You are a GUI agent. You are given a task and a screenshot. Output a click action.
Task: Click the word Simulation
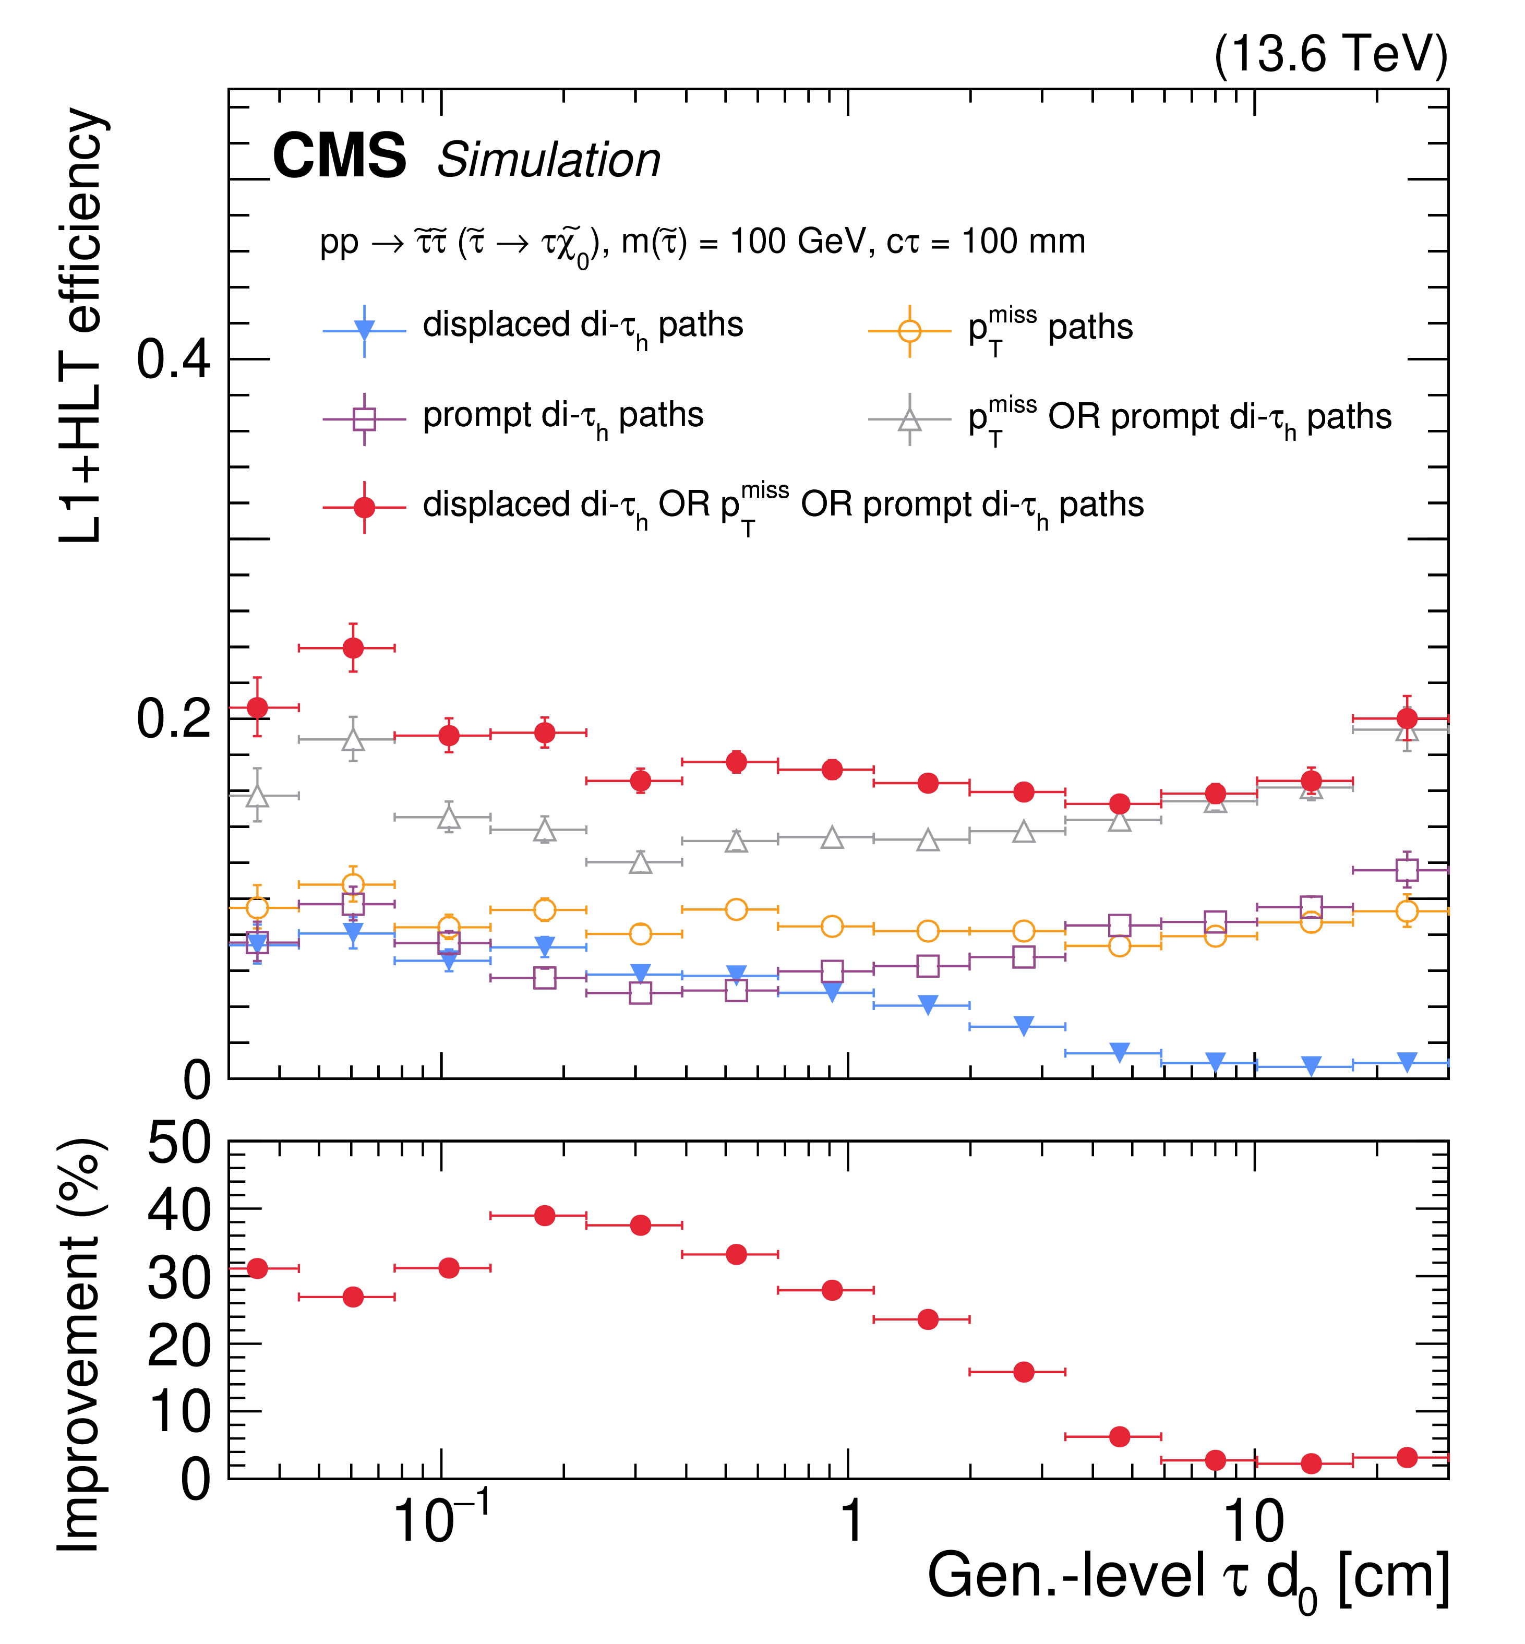[549, 159]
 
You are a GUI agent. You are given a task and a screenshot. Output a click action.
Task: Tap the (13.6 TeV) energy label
[1330, 54]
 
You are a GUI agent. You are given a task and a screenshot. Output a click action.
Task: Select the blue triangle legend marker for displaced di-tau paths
[364, 330]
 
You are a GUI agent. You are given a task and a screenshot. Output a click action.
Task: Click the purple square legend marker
[364, 419]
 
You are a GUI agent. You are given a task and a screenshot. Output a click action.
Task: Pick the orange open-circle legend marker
[909, 331]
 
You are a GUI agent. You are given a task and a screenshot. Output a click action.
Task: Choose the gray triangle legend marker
[909, 419]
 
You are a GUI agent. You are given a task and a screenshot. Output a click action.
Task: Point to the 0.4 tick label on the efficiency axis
[173, 360]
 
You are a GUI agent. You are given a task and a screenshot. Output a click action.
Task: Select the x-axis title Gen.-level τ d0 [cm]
[1188, 1578]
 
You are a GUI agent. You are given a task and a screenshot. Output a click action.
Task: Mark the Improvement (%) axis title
[80, 1345]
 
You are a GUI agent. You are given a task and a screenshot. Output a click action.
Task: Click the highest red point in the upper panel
[353, 648]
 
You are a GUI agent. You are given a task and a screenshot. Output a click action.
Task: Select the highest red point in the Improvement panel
[545, 1216]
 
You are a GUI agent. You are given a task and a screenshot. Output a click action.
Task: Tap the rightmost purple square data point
[1407, 870]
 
